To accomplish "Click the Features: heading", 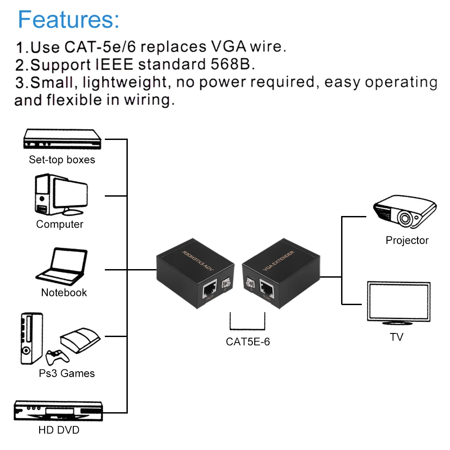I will (x=69, y=19).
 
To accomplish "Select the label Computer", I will (x=60, y=224).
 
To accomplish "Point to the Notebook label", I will (x=64, y=292).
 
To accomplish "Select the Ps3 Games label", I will (x=67, y=373).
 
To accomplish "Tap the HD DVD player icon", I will (x=59, y=412).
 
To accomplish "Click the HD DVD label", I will (x=59, y=430).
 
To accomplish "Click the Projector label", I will (x=407, y=240).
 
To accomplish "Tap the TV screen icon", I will (x=398, y=303).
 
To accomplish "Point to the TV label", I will (x=396, y=337).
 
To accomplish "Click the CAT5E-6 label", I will (x=248, y=342).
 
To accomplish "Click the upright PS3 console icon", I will (x=31, y=338).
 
